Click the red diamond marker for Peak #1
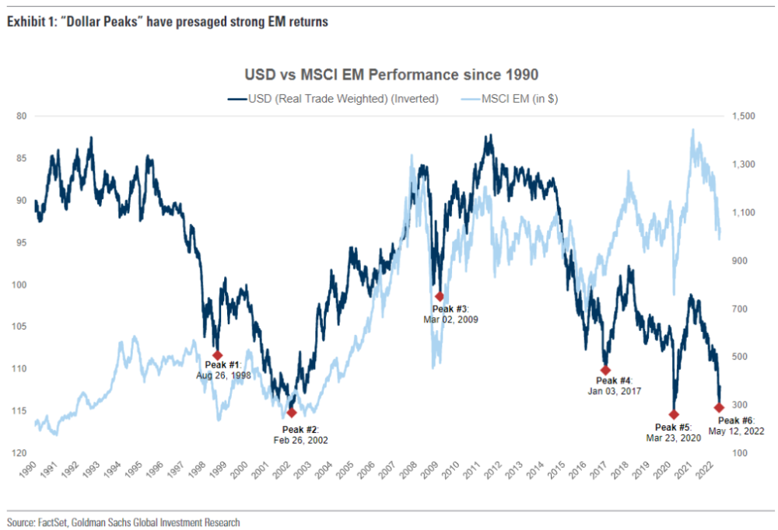pos(218,355)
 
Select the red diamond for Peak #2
pos(292,413)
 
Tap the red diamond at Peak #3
pos(440,296)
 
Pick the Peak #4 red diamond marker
pos(605,370)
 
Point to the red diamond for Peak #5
pos(674,414)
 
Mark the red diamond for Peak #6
pos(720,407)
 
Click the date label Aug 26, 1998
pos(223,375)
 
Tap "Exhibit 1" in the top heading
pos(25,22)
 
